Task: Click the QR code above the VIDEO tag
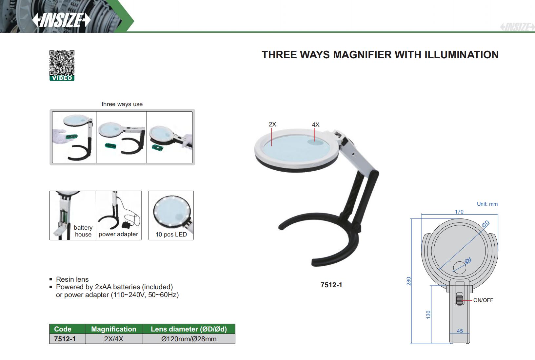pyautogui.click(x=62, y=63)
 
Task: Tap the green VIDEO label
pyautogui.click(x=62, y=78)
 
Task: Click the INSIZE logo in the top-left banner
pyautogui.click(x=61, y=20)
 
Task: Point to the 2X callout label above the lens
pyautogui.click(x=272, y=124)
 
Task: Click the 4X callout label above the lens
pyautogui.click(x=315, y=124)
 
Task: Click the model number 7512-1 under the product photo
pyautogui.click(x=331, y=285)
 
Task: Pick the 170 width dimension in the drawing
pyautogui.click(x=459, y=212)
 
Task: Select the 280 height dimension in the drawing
pyautogui.click(x=409, y=281)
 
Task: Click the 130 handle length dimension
pyautogui.click(x=428, y=315)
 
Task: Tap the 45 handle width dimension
pyautogui.click(x=460, y=331)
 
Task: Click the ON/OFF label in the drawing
pyautogui.click(x=483, y=300)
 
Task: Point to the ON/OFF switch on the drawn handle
pyautogui.click(x=459, y=300)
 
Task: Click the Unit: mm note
pyautogui.click(x=487, y=204)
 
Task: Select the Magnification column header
pyautogui.click(x=114, y=329)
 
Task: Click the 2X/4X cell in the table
pyautogui.click(x=114, y=339)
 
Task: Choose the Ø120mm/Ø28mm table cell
pyautogui.click(x=189, y=339)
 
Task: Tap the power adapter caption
pyautogui.click(x=118, y=234)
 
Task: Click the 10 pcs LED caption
pyautogui.click(x=171, y=235)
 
